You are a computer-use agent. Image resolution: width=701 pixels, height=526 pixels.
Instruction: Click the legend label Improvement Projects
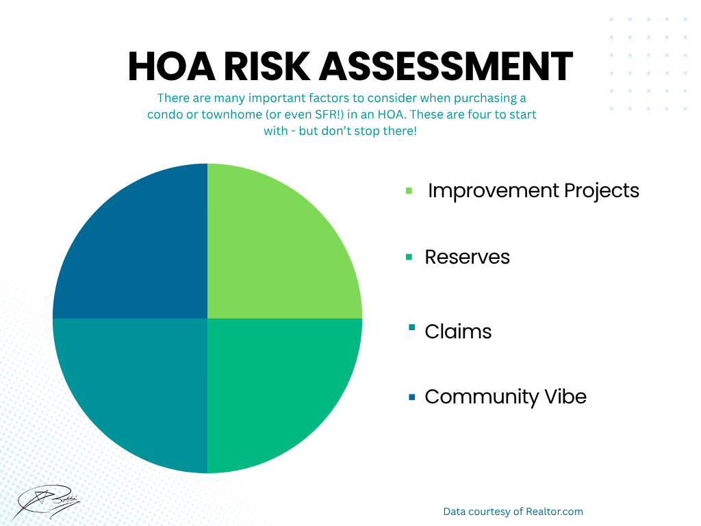click(x=533, y=191)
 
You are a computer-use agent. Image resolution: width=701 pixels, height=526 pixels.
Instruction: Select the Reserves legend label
click(x=467, y=258)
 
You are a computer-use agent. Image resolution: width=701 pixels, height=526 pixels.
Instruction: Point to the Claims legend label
click(x=458, y=331)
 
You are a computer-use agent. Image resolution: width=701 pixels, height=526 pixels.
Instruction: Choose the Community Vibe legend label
click(x=506, y=397)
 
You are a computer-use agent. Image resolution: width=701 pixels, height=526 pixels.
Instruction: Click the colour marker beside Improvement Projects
click(x=409, y=191)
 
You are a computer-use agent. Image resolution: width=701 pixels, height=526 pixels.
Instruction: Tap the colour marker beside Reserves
click(x=409, y=257)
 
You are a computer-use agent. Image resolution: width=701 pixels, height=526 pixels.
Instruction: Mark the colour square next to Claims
click(x=411, y=328)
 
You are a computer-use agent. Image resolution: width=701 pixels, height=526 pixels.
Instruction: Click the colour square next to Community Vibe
click(x=411, y=397)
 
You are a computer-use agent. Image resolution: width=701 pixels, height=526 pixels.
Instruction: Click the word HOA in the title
click(x=172, y=66)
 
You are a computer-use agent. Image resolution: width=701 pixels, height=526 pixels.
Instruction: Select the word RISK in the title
click(x=267, y=66)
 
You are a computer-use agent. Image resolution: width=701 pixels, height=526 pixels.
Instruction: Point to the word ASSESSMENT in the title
click(x=446, y=66)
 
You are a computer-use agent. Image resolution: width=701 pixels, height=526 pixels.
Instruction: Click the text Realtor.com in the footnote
click(x=555, y=511)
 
